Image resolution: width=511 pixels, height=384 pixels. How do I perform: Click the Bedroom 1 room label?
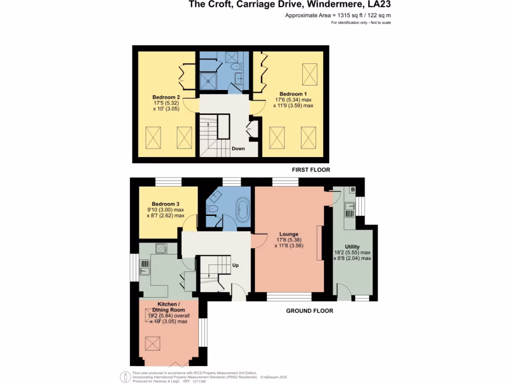tap(293, 94)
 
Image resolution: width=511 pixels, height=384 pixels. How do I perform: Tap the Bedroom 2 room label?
tap(167, 97)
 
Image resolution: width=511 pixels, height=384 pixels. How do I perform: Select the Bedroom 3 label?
tap(166, 204)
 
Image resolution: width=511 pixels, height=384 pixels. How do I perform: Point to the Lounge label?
tap(289, 234)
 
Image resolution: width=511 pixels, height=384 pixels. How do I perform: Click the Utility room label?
tap(352, 247)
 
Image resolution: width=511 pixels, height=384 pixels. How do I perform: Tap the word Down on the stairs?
tap(238, 148)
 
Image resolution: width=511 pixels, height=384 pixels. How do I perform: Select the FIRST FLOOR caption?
tap(311, 170)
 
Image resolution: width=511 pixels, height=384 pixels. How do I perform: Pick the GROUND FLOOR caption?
tap(309, 310)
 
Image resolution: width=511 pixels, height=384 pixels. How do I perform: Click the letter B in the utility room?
tap(352, 190)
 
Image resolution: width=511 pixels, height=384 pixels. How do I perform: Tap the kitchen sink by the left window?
tap(144, 270)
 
